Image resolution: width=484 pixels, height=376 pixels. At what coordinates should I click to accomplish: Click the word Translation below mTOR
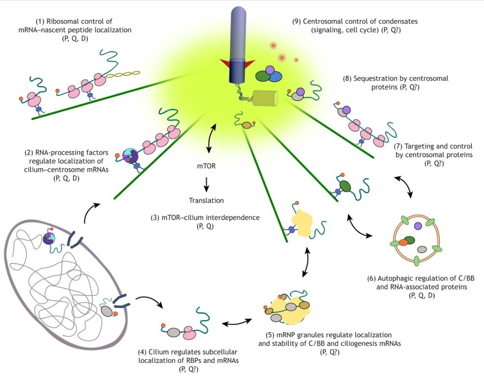point(206,201)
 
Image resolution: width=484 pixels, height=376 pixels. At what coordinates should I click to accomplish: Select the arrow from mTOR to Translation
point(206,184)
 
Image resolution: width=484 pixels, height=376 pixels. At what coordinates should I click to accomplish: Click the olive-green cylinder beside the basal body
point(265,98)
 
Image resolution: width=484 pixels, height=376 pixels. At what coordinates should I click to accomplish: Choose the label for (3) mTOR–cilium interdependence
point(205,222)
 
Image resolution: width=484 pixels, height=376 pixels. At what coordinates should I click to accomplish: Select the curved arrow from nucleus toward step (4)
point(151,300)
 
